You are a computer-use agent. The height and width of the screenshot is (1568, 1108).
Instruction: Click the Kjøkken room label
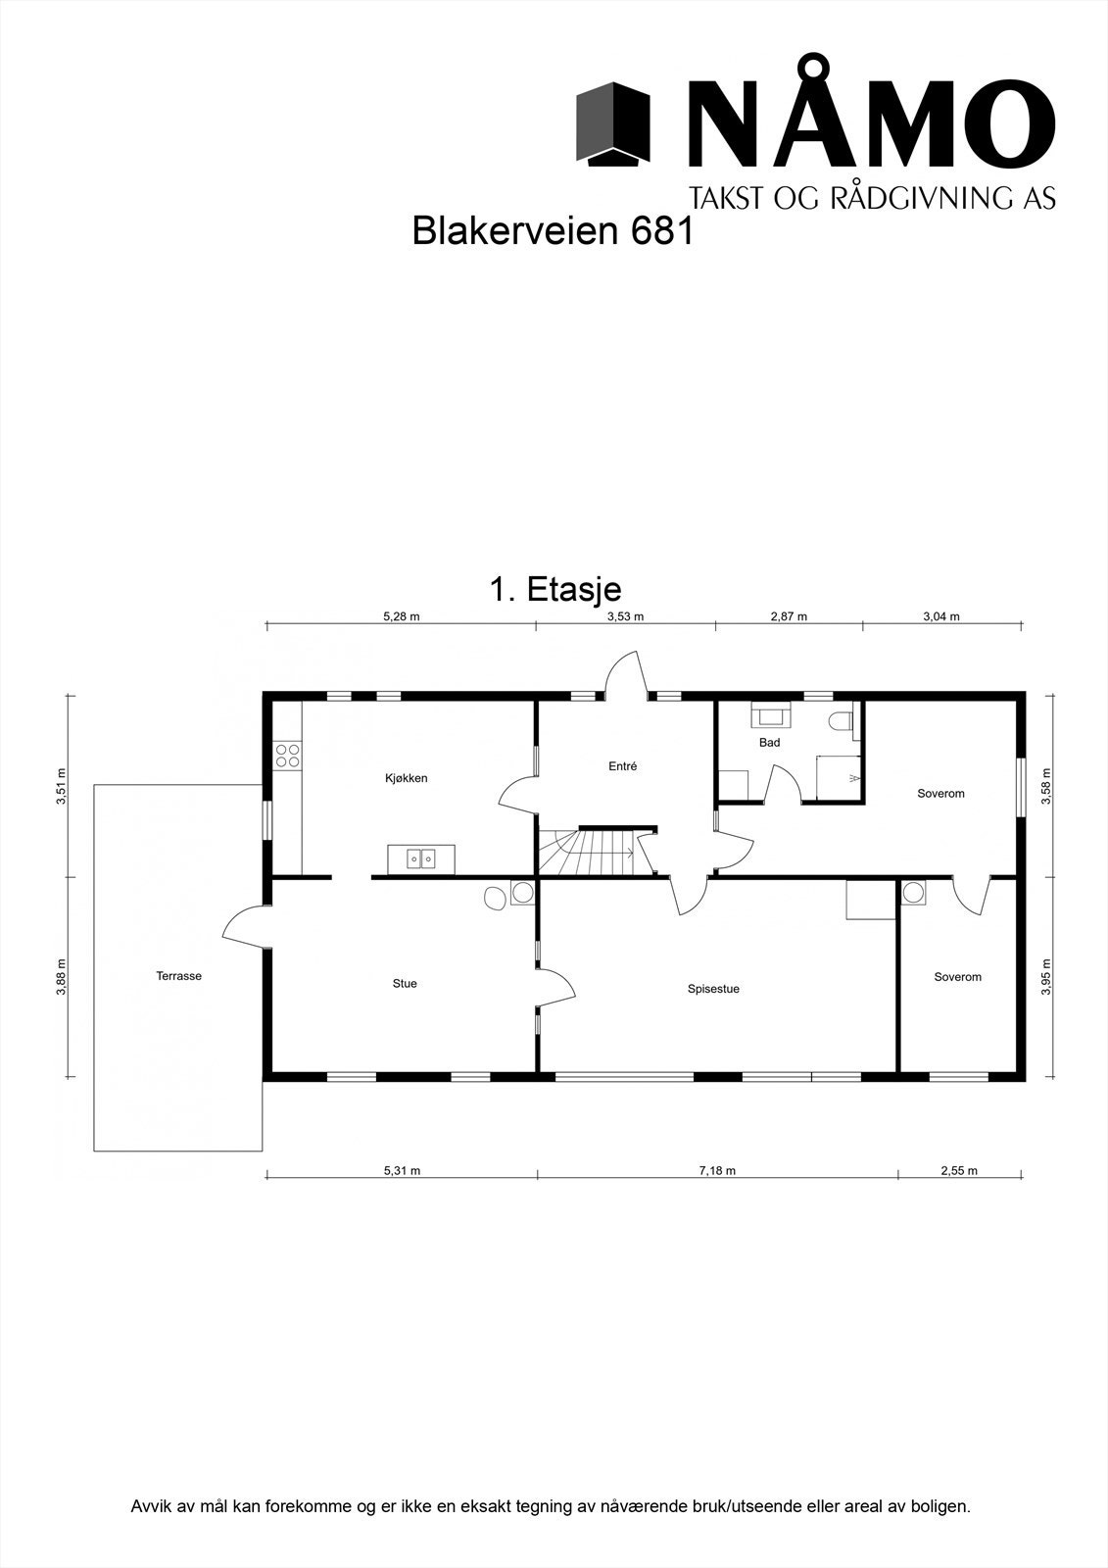pyautogui.click(x=406, y=778)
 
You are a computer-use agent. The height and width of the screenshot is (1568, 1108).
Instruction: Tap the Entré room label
pyautogui.click(x=622, y=766)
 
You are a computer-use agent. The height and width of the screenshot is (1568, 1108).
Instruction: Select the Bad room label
pyautogui.click(x=769, y=743)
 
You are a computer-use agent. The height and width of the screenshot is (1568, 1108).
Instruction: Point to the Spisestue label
pyautogui.click(x=713, y=989)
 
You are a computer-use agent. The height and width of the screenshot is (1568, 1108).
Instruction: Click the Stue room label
pyautogui.click(x=405, y=983)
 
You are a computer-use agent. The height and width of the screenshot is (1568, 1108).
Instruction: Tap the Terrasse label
pyautogui.click(x=178, y=976)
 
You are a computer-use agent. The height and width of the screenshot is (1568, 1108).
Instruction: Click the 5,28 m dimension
pyautogui.click(x=401, y=616)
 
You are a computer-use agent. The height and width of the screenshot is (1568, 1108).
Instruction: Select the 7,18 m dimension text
pyautogui.click(x=717, y=1170)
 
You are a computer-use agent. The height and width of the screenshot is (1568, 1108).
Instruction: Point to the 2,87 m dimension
pyautogui.click(x=789, y=616)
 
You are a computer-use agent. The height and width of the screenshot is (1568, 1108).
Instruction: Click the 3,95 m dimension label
pyautogui.click(x=1046, y=977)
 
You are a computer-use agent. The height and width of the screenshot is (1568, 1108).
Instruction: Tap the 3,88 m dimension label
pyautogui.click(x=61, y=976)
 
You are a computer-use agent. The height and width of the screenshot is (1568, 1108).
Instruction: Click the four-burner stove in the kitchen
pyautogui.click(x=288, y=755)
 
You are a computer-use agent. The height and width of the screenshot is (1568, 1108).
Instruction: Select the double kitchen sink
pyautogui.click(x=421, y=859)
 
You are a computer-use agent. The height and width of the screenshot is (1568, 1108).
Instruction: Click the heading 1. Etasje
pyautogui.click(x=554, y=590)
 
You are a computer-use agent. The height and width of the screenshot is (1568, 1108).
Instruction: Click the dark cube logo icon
pyautogui.click(x=613, y=123)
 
